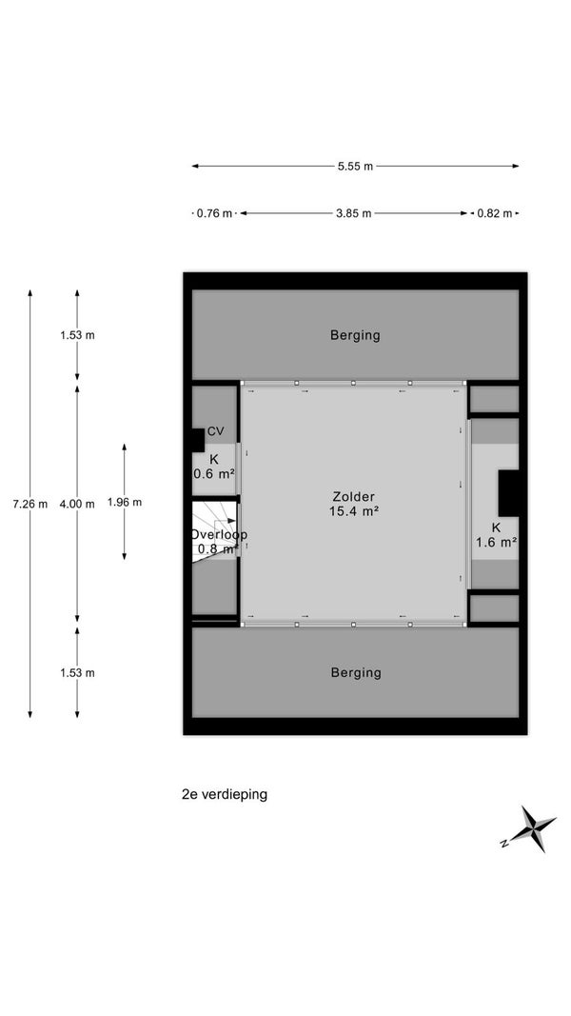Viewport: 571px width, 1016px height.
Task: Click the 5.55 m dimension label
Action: click(x=355, y=166)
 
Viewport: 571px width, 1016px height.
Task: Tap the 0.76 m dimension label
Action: click(x=214, y=213)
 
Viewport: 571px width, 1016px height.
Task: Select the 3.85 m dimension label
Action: click(x=353, y=213)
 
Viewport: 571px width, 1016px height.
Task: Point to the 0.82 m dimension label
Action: click(x=495, y=213)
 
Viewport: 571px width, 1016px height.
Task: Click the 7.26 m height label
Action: click(x=30, y=504)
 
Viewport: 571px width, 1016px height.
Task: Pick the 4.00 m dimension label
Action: click(x=77, y=504)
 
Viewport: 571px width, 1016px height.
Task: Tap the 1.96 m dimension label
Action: click(x=125, y=502)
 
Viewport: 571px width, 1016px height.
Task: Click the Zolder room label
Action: click(x=353, y=497)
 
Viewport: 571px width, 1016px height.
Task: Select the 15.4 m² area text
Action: click(x=353, y=510)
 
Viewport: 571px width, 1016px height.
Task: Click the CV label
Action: click(x=216, y=431)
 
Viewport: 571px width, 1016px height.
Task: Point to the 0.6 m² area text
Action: click(x=213, y=473)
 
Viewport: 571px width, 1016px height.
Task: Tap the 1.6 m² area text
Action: click(x=496, y=543)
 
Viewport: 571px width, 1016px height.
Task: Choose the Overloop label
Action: click(x=218, y=535)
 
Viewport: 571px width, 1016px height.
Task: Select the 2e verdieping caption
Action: click(x=225, y=794)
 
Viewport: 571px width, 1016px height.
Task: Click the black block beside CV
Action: click(x=197, y=441)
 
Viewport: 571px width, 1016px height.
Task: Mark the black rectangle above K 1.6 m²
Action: click(x=508, y=493)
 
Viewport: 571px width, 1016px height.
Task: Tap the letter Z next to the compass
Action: click(x=503, y=843)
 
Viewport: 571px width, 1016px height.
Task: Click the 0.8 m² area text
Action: click(x=218, y=548)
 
